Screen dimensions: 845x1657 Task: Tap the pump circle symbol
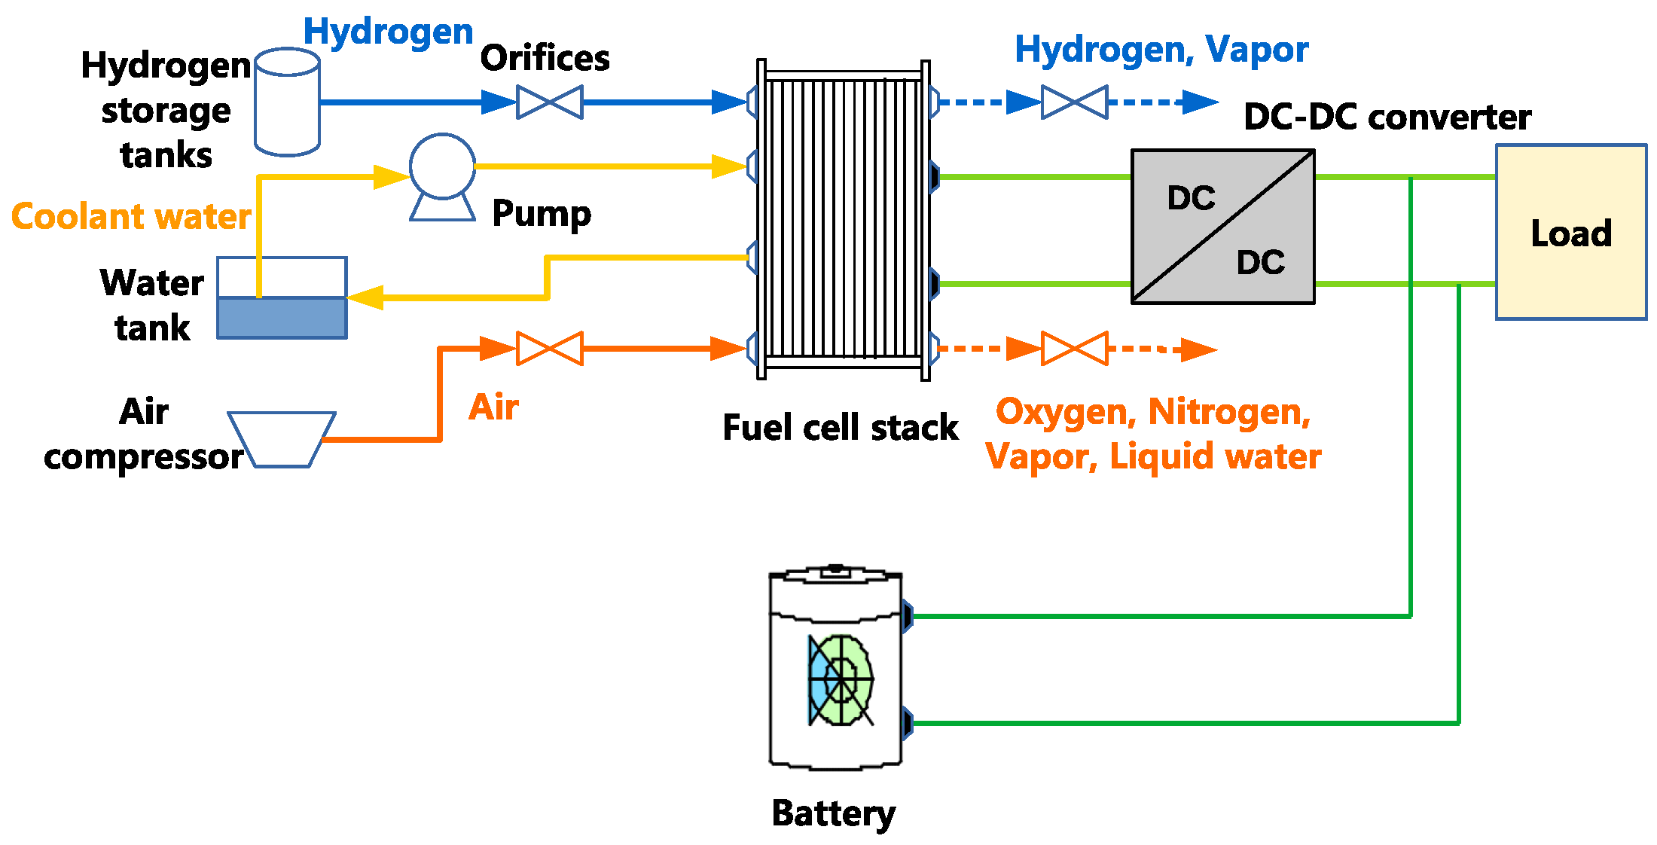(x=442, y=166)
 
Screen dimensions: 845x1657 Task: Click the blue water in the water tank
(x=282, y=318)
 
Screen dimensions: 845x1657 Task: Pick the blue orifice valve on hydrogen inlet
(x=550, y=102)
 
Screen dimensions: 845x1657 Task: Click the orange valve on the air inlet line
(x=550, y=349)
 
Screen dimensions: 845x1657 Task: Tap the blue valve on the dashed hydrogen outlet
(x=1075, y=102)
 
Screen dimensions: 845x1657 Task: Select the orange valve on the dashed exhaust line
(x=1075, y=349)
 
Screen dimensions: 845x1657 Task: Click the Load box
(x=1571, y=233)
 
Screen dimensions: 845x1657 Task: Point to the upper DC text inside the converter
(x=1191, y=198)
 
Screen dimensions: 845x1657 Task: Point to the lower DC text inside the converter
(x=1260, y=262)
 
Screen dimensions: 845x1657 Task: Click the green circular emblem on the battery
(x=842, y=680)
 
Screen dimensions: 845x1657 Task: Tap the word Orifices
(x=545, y=58)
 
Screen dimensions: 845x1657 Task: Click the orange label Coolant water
(x=131, y=217)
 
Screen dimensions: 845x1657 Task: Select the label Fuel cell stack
(x=840, y=428)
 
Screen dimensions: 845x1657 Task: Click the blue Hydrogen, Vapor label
(x=1161, y=50)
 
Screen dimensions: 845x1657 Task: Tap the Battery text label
(x=834, y=813)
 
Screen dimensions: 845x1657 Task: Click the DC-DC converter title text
(x=1387, y=117)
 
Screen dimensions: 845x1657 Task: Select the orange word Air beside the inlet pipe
(x=493, y=407)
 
